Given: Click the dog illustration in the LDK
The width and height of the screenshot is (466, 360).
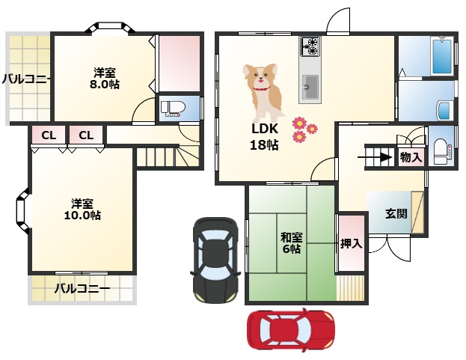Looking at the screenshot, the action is point(263,92).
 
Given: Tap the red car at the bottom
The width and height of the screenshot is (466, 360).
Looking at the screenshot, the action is point(291,331).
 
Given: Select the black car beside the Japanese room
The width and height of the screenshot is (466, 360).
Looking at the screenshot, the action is point(215,260).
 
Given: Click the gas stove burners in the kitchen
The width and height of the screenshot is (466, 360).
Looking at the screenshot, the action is point(310,46).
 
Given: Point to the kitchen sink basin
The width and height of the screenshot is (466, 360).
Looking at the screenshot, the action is point(310,87).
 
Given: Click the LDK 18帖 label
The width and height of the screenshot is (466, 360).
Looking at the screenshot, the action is point(265,137).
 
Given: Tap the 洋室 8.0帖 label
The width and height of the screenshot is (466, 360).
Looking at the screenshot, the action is point(105,79).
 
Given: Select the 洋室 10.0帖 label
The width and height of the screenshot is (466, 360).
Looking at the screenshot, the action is point(82,210).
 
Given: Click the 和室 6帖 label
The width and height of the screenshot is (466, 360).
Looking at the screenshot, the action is point(292,243).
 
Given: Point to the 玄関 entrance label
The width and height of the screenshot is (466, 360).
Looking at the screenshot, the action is point(396,214).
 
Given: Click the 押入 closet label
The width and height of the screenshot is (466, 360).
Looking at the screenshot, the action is point(352,244).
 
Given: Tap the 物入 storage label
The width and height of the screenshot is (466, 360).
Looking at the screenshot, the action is point(411,157).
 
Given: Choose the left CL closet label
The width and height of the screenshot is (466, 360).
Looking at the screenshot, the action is point(49,135).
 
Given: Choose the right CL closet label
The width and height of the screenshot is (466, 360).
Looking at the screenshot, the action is point(86,135).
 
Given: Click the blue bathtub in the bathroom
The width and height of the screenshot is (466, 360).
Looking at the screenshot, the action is point(443,56).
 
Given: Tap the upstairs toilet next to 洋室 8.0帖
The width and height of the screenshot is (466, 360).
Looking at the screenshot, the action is point(173,108).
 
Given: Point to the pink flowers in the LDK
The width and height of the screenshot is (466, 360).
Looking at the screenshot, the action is point(304,129).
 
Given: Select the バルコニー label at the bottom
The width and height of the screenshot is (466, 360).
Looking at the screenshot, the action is point(82,288).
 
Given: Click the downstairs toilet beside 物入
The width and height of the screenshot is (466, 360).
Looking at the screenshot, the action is point(442,152).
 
